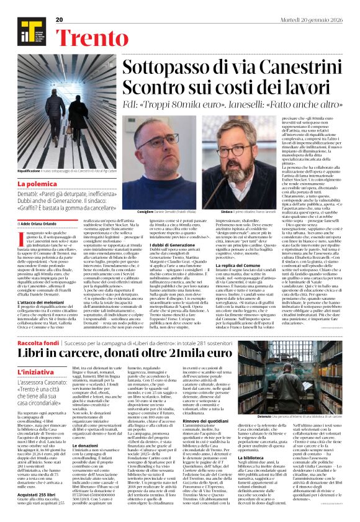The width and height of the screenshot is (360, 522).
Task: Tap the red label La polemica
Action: pos(38,185)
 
